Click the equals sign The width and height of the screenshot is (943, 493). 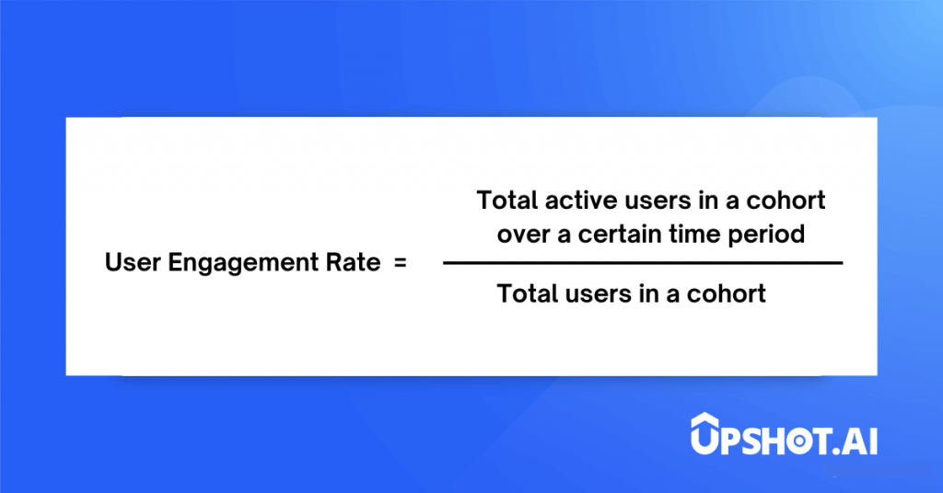click(401, 262)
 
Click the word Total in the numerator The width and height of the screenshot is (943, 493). click(507, 201)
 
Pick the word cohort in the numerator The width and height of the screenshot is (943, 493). click(786, 201)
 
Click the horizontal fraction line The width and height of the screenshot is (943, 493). click(643, 263)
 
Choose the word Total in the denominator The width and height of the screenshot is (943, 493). click(528, 293)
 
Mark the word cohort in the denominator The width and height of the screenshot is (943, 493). click(727, 293)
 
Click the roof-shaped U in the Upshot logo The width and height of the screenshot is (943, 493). click(704, 433)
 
